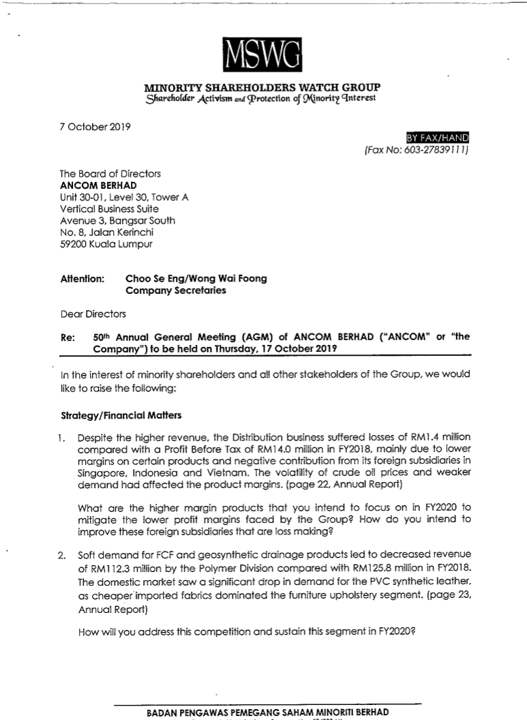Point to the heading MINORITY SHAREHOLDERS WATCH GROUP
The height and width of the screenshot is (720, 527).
click(262, 87)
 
